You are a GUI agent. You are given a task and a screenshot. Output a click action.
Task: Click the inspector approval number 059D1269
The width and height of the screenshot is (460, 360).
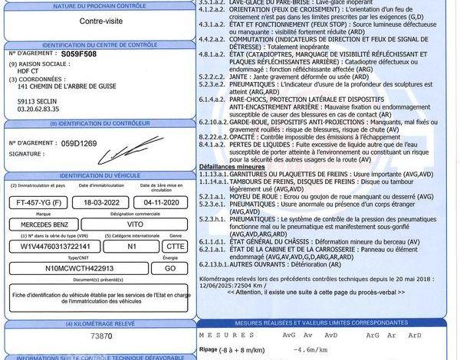(x=80, y=142)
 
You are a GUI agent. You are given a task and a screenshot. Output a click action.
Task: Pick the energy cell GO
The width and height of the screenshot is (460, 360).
(x=169, y=269)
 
